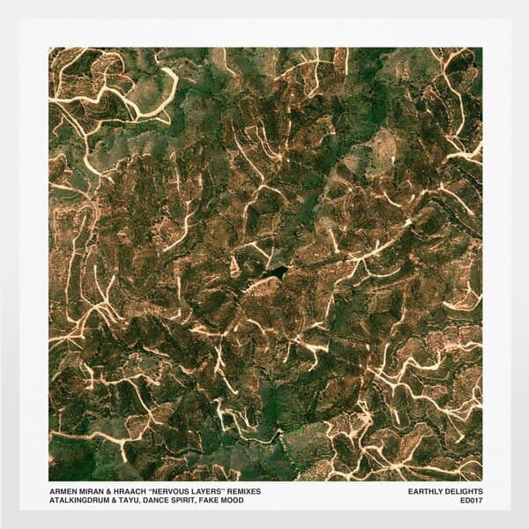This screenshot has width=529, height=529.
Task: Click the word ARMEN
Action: pyautogui.click(x=62, y=491)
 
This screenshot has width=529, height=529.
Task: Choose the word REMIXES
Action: pyautogui.click(x=266, y=491)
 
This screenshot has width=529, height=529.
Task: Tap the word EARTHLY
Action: pyautogui.click(x=428, y=491)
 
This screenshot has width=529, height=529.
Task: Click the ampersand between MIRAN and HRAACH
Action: pyautogui.click(x=115, y=491)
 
